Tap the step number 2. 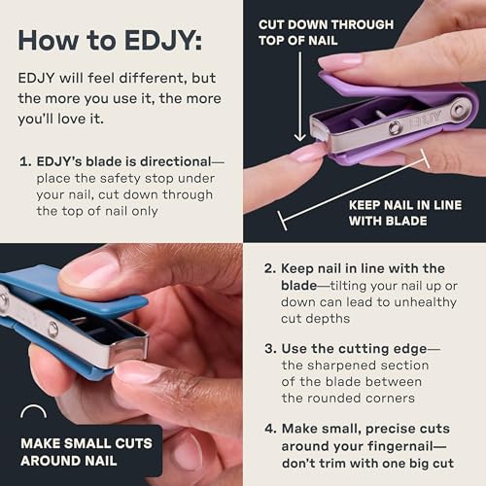[268, 268]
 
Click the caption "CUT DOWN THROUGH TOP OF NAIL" [325, 32]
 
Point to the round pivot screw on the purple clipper [456, 110]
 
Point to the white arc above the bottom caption [34, 412]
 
